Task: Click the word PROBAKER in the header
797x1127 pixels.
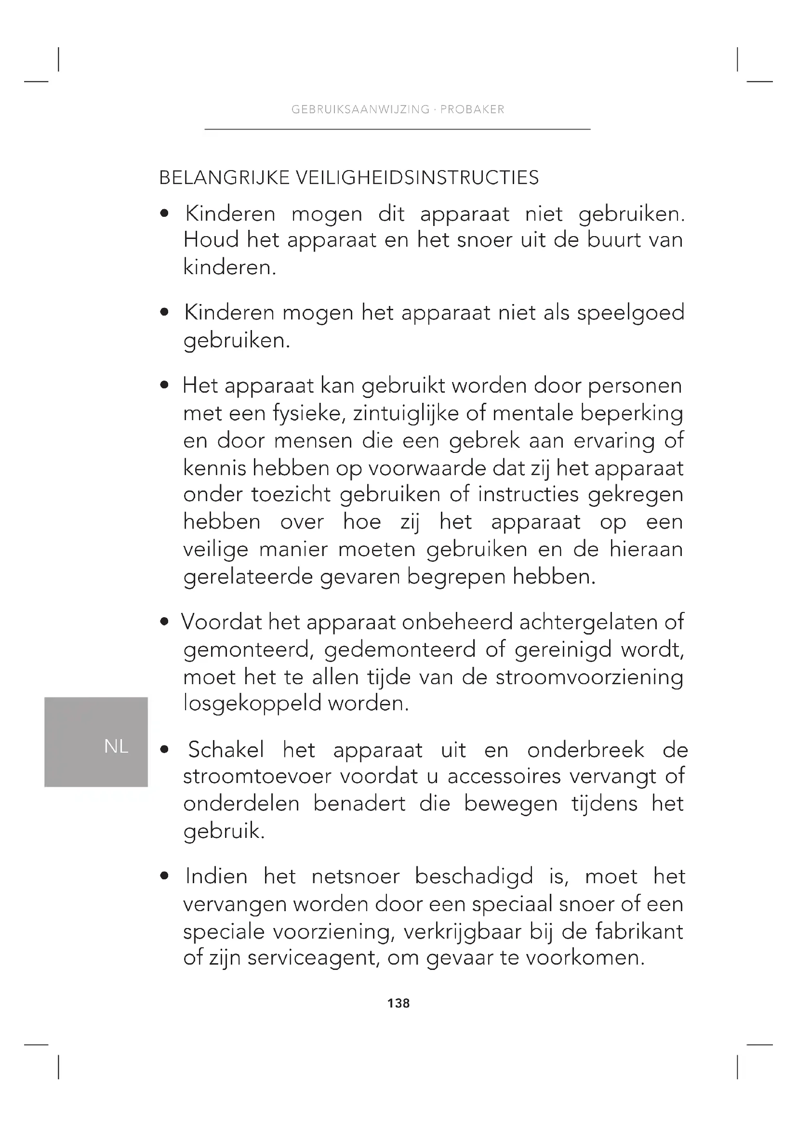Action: (x=472, y=109)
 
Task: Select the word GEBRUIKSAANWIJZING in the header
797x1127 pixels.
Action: (x=360, y=109)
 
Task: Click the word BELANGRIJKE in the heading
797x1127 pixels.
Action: (x=224, y=178)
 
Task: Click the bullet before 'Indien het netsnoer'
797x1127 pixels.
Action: (x=165, y=876)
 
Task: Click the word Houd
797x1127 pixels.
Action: (x=211, y=240)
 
